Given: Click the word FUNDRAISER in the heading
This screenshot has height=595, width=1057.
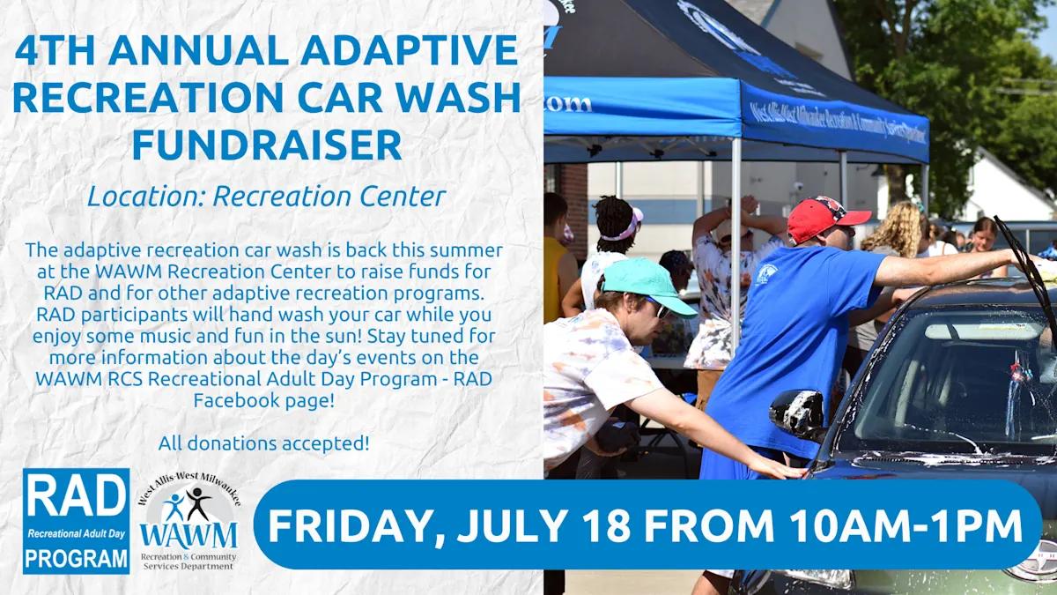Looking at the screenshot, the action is point(267,145).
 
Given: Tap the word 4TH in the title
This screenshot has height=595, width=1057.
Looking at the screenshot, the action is point(55,49).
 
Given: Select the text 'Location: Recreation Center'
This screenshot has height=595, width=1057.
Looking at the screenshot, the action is point(267,197).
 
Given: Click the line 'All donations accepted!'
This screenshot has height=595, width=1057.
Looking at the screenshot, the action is point(263,443).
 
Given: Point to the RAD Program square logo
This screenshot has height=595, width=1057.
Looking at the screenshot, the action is point(76,521).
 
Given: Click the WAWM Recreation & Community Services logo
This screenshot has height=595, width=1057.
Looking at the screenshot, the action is point(188,521).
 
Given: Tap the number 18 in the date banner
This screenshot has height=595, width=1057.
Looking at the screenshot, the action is point(606,525).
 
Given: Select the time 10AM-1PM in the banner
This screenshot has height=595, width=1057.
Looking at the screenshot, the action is point(905,525).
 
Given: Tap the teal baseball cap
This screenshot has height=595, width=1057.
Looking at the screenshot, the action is point(647,286).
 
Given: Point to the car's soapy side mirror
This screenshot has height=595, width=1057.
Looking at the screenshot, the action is point(797,413).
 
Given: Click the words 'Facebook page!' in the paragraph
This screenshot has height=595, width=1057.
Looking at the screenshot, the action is point(263,400).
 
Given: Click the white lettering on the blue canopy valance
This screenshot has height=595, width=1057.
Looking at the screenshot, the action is point(838,124).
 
